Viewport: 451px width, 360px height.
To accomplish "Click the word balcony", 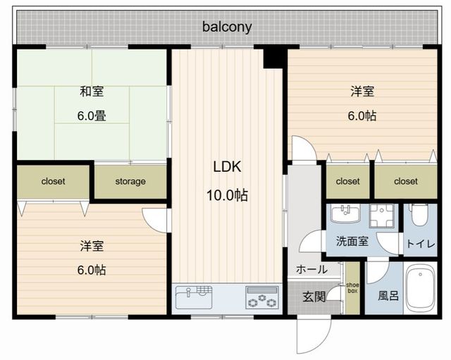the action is (227, 27).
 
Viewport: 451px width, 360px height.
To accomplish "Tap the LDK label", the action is (227, 167).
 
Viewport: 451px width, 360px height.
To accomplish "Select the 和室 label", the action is (92, 92).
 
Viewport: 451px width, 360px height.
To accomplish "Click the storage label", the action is (130, 182).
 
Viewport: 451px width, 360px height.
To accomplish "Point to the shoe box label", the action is (352, 288).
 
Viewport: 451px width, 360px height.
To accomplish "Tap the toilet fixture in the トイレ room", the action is (420, 215).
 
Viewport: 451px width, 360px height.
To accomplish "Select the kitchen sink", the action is (194, 297).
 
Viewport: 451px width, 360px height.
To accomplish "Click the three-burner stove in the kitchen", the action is (262, 297).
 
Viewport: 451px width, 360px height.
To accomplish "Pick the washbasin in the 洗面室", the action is (345, 213).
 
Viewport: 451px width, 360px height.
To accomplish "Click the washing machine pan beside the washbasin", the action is (382, 216).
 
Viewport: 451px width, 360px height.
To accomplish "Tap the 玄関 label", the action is (314, 297).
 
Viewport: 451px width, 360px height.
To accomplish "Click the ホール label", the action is (311, 270).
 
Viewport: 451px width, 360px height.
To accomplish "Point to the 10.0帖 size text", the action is (227, 196).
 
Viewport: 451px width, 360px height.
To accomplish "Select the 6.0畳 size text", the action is (92, 116).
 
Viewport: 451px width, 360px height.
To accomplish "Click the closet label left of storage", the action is (54, 182).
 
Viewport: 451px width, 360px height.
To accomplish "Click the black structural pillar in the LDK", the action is (273, 58).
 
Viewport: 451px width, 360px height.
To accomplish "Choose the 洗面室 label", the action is (352, 242).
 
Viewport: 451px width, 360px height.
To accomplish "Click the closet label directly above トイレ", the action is (406, 182).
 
